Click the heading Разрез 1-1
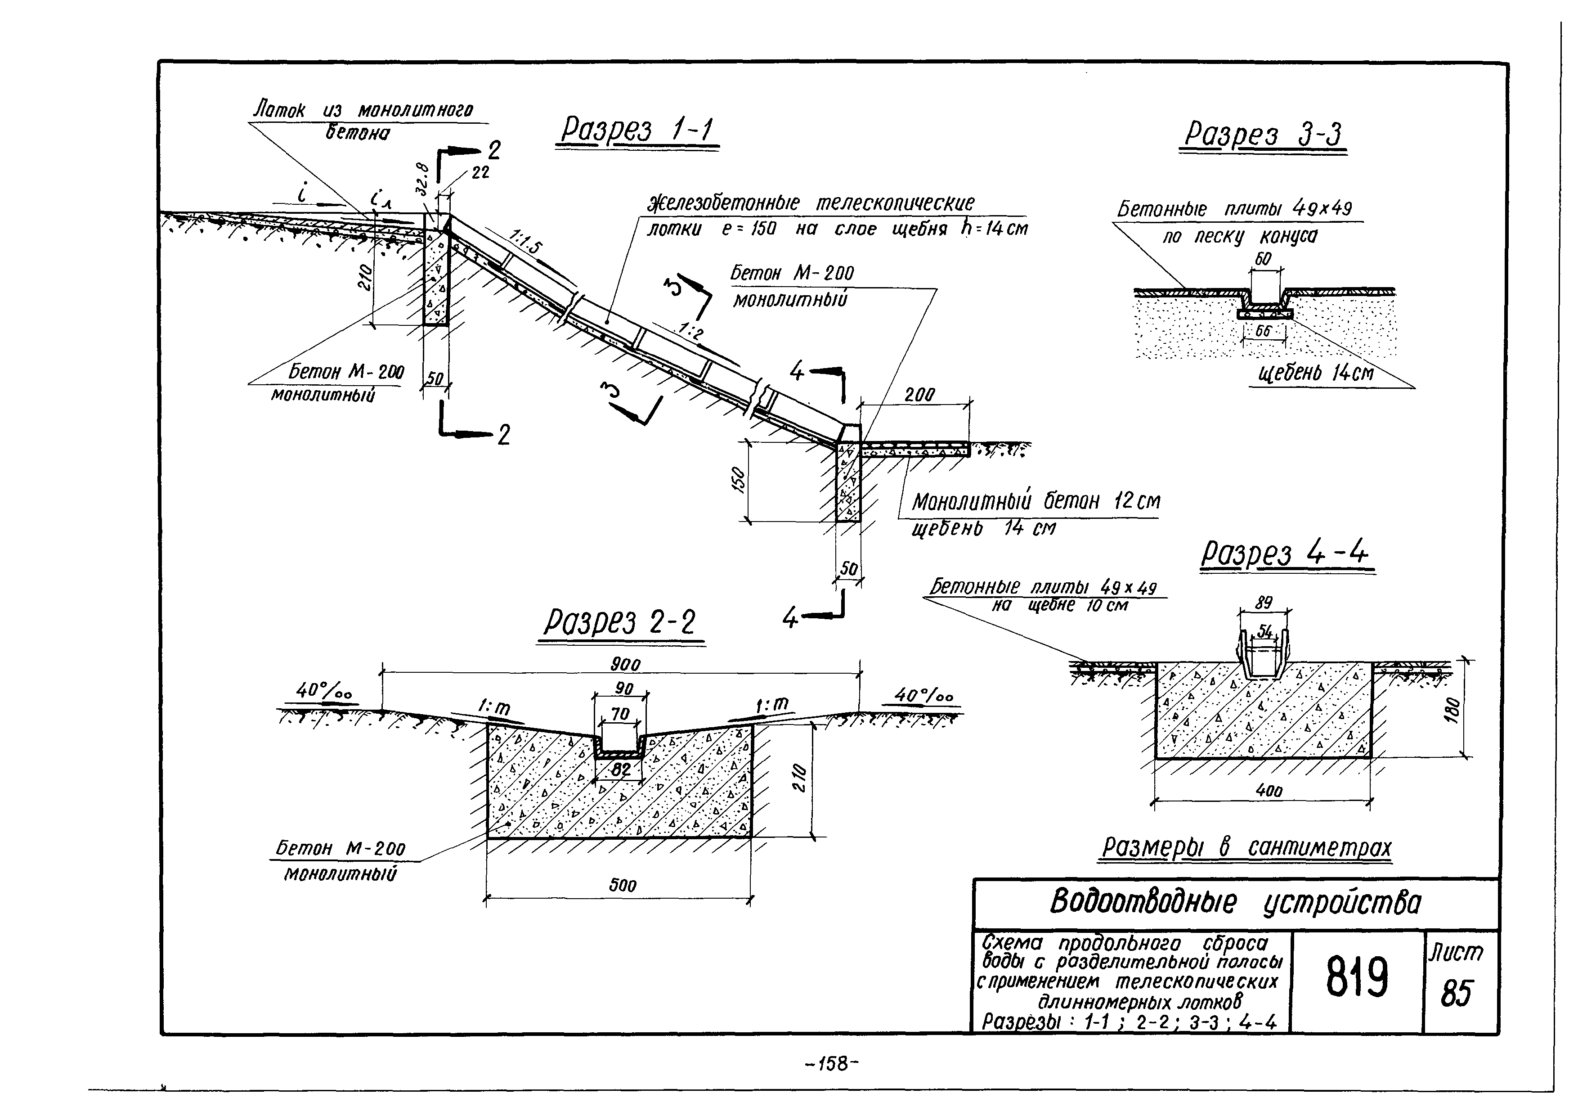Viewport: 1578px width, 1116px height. click(637, 130)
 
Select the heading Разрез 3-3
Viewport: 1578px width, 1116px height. click(1263, 134)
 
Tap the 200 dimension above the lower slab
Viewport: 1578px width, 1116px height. click(919, 395)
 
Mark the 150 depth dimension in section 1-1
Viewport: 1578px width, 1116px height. click(737, 481)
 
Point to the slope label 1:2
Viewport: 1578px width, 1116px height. click(691, 332)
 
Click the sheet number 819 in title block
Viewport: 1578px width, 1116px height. click(1358, 977)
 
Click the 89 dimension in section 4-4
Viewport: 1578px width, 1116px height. click(1263, 603)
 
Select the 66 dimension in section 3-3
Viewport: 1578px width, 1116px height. click(1263, 331)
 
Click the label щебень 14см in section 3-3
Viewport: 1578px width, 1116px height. click(1315, 373)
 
